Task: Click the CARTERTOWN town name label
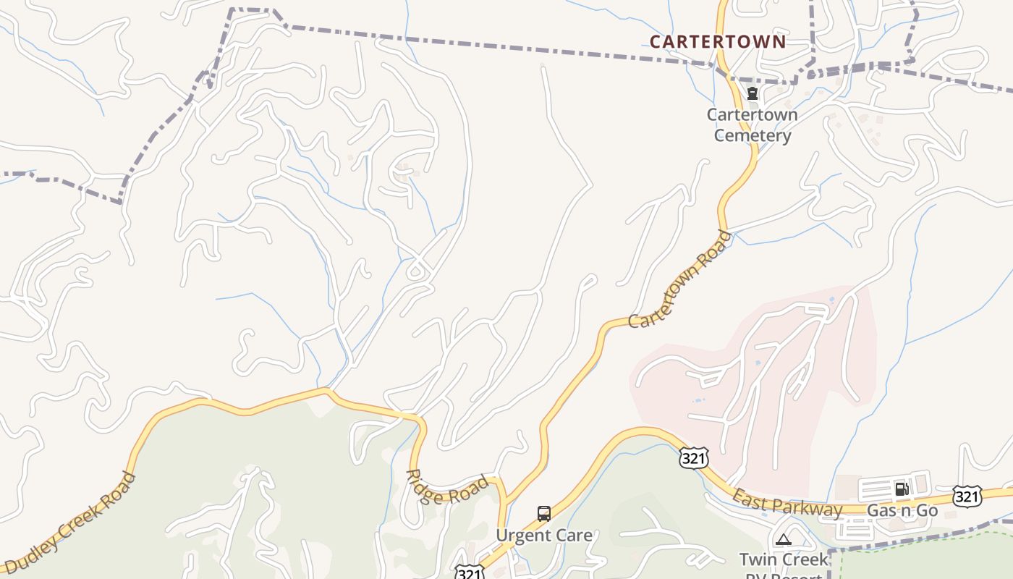tap(717, 42)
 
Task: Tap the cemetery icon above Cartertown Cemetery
tap(753, 93)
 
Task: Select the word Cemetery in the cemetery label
tap(753, 135)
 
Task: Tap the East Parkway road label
tap(788, 503)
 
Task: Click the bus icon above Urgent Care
tap(544, 514)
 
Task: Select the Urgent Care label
tap(544, 536)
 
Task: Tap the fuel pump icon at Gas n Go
tap(902, 489)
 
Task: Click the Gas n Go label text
tap(902, 511)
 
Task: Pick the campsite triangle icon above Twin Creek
tap(783, 539)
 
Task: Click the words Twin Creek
tap(784, 559)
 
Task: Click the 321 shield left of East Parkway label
tap(693, 457)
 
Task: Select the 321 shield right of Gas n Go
tap(967, 496)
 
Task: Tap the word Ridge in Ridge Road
tap(424, 481)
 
